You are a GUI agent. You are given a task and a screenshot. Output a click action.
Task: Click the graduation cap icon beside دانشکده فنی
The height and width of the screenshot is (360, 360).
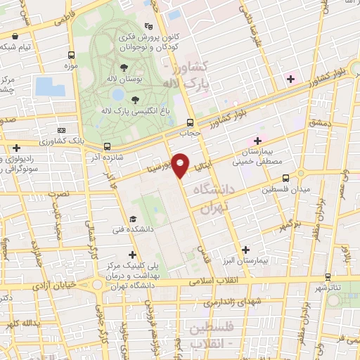(134, 219)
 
